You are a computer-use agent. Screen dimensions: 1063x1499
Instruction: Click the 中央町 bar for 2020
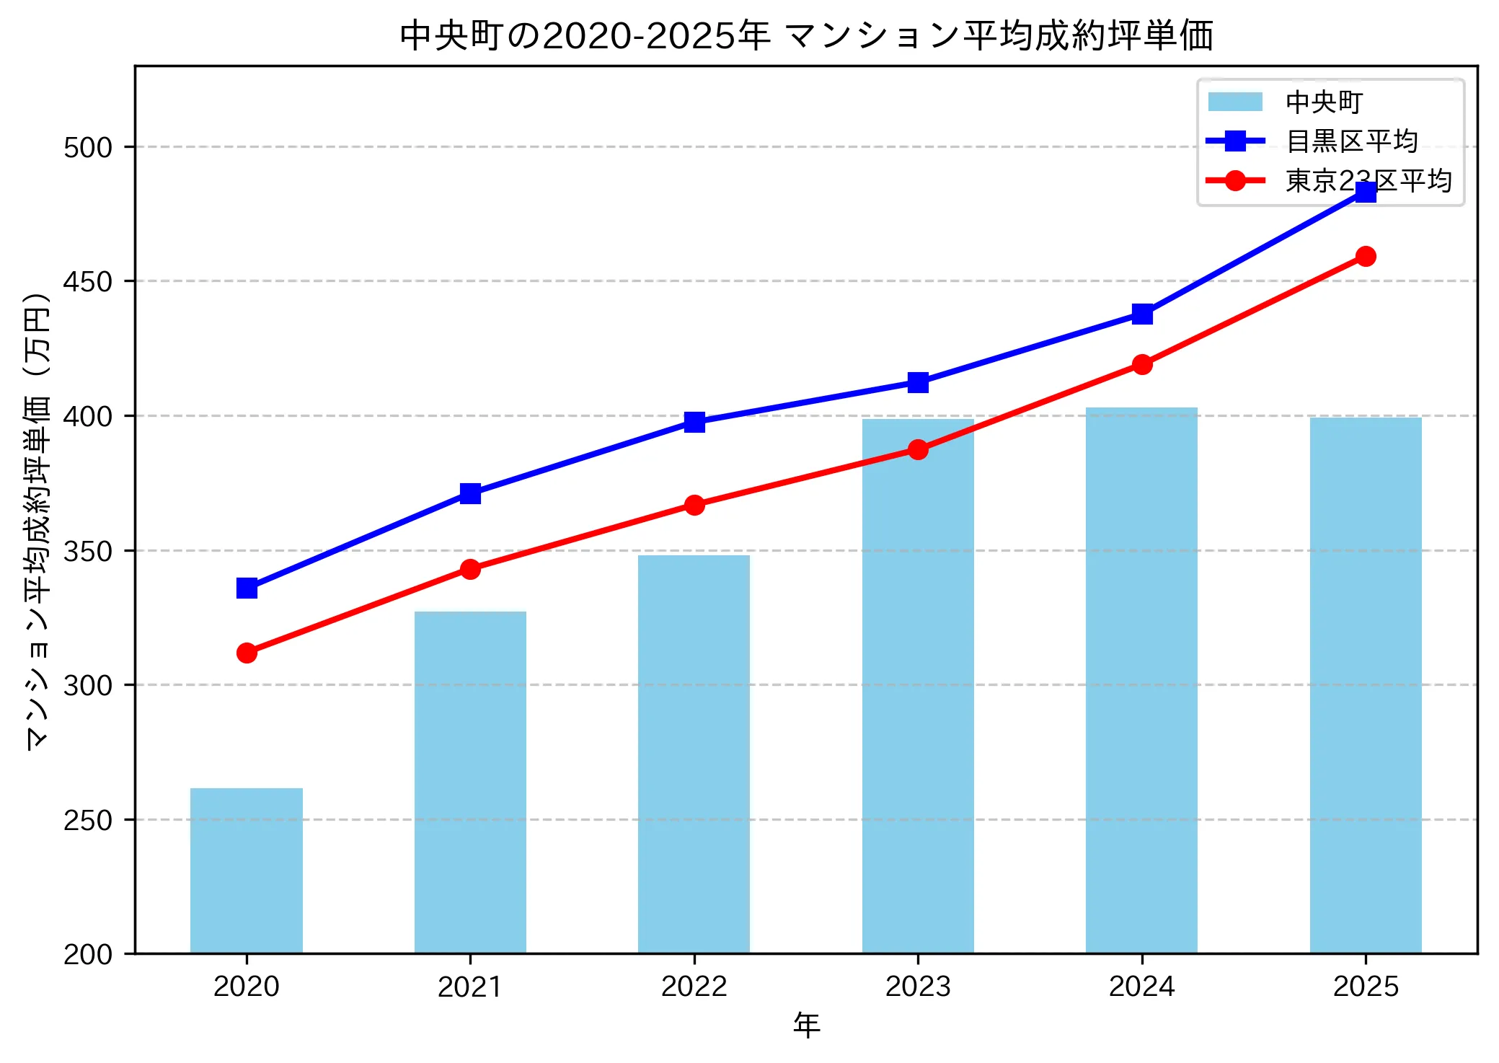coord(247,870)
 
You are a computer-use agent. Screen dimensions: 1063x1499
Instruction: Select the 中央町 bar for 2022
coord(694,754)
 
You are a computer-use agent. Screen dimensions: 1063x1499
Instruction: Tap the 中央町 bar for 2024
coord(1141,680)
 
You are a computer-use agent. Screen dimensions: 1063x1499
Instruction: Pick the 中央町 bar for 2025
coord(1365,685)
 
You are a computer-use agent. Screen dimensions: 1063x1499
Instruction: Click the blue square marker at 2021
coord(470,493)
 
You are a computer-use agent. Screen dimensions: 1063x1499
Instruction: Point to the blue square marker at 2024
coord(1141,314)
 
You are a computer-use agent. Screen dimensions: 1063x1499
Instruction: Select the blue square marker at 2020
coord(247,588)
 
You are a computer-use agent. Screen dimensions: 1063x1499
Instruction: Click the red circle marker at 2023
coord(918,449)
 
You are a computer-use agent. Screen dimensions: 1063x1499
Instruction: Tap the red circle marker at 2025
coord(1365,256)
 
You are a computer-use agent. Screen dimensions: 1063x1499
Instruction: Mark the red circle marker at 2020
coord(247,653)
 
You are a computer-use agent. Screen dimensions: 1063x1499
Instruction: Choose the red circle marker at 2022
coord(694,505)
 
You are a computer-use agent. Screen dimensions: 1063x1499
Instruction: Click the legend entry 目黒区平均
coord(1351,141)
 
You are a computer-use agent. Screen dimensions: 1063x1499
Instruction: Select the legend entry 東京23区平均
coord(1367,180)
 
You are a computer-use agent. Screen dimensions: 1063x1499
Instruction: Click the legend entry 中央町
coord(1324,102)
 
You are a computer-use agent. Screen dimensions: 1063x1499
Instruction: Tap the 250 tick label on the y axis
coord(88,820)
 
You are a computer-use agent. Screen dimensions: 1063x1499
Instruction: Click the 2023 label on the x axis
coord(918,987)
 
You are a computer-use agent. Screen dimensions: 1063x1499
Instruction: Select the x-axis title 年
coord(806,1025)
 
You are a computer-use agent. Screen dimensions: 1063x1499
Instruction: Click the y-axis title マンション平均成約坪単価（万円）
coord(37,521)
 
